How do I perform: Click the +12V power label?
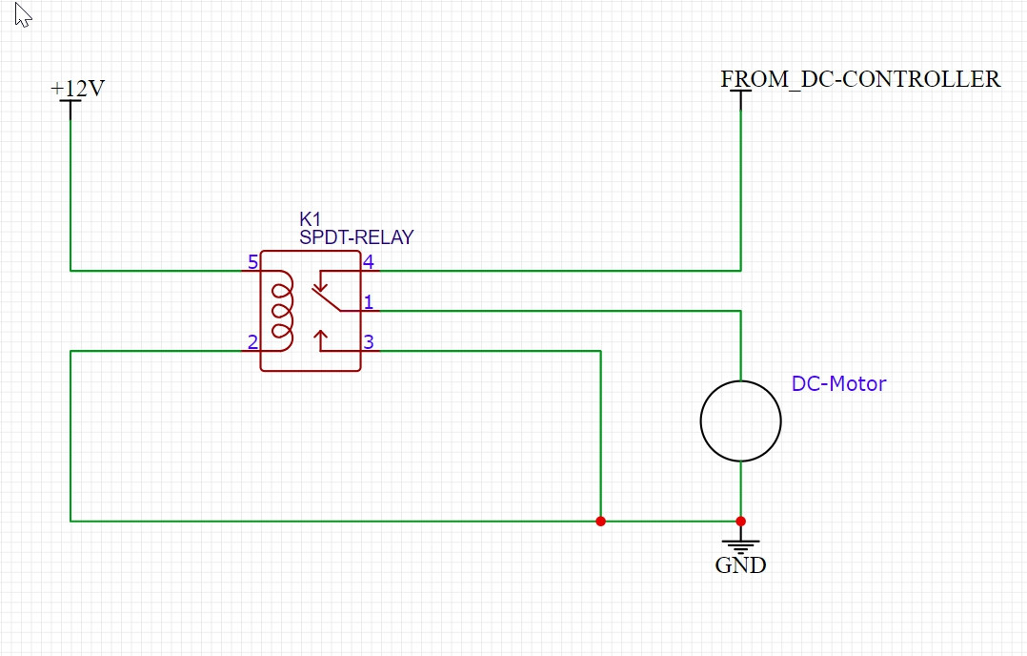click(x=77, y=89)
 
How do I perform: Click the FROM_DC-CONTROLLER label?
click(x=860, y=79)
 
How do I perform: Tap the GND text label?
click(x=740, y=565)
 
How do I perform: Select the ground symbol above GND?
click(x=740, y=544)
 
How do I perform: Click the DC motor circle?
click(x=740, y=420)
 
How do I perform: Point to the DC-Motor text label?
click(x=838, y=384)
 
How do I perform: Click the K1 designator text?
click(x=311, y=219)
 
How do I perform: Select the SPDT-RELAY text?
click(x=356, y=237)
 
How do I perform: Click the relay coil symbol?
click(x=282, y=310)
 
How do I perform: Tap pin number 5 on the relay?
click(x=252, y=262)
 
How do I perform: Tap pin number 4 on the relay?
click(x=368, y=262)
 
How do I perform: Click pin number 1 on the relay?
click(x=368, y=302)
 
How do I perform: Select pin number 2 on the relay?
click(x=252, y=342)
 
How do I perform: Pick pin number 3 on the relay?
click(x=368, y=342)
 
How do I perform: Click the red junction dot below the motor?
click(x=740, y=521)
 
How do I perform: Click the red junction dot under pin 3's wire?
click(x=600, y=521)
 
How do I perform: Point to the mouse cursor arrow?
click(x=23, y=14)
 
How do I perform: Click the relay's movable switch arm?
click(x=329, y=299)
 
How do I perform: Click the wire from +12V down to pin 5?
click(x=70, y=191)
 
